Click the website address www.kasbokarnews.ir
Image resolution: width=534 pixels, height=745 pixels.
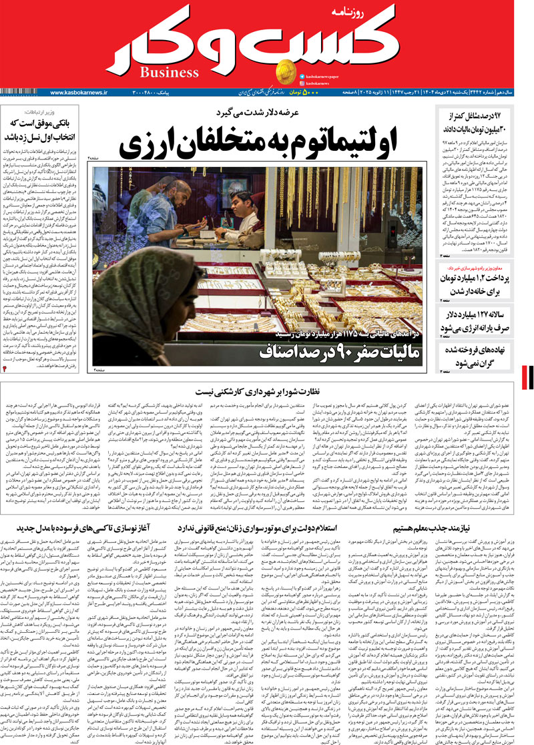[x=79, y=92]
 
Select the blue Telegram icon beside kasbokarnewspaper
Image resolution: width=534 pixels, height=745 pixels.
[x=302, y=77]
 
